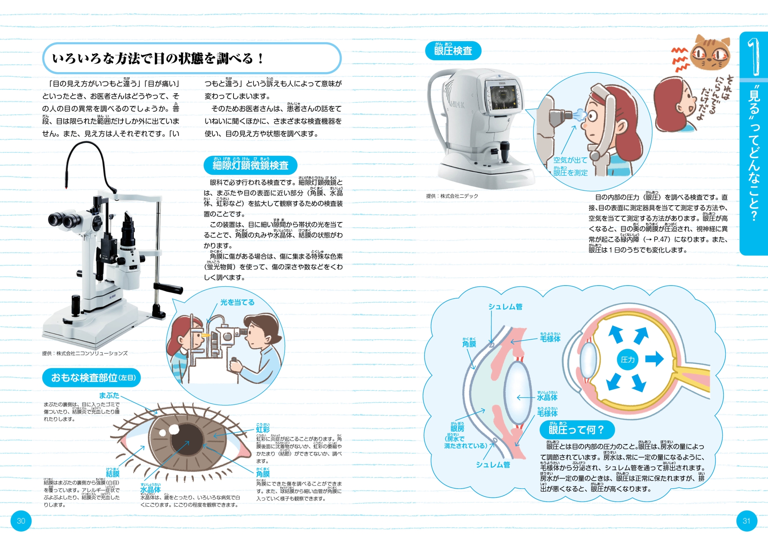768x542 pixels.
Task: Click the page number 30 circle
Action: point(21,521)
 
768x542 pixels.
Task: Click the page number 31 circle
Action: point(746,521)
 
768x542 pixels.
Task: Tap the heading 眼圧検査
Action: point(453,51)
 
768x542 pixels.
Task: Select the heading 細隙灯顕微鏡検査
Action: point(250,165)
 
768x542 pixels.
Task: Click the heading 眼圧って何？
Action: point(576,430)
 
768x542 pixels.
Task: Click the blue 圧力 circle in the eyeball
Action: point(627,360)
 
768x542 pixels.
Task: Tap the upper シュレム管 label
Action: point(505,307)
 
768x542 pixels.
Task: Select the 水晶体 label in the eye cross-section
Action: point(547,397)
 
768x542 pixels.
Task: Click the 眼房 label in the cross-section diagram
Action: point(457,428)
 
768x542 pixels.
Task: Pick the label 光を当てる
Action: point(237,302)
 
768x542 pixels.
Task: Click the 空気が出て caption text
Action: point(570,160)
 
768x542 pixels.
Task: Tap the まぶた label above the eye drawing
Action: point(109,395)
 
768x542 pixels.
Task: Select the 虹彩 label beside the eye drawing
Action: point(263,430)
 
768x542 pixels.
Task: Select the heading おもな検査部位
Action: point(91,378)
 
